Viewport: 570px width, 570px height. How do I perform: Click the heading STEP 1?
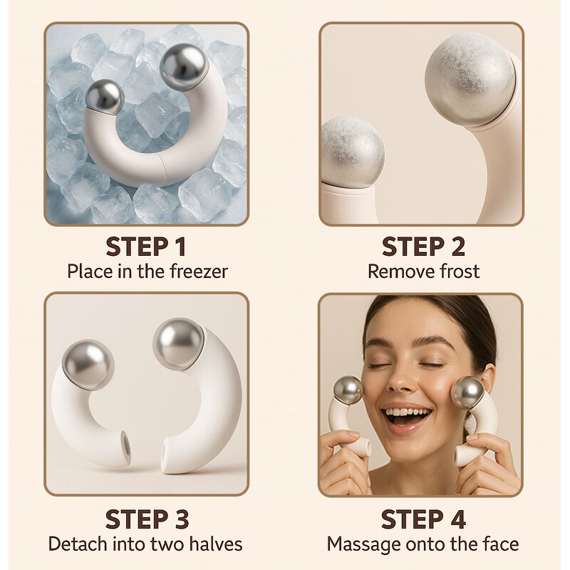coord(146,247)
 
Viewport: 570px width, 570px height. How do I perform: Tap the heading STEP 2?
coord(423,247)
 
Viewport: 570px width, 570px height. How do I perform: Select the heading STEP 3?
coord(146,519)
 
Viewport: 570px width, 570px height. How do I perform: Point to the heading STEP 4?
coord(423,519)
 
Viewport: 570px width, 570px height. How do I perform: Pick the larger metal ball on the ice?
coord(183,66)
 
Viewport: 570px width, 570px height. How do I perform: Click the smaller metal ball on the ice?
coord(104,96)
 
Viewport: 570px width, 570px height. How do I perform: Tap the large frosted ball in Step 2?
coord(470,78)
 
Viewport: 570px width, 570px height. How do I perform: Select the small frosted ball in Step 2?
coord(352,152)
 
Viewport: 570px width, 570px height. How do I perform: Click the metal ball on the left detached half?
coord(88,365)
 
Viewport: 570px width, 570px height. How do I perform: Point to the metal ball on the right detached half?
coord(178,343)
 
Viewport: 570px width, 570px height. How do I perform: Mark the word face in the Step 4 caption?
coord(499,544)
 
